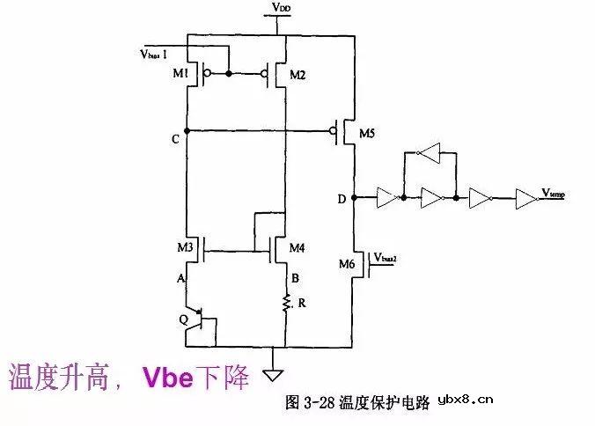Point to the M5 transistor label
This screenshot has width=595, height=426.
367,134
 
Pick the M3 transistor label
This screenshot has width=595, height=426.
185,248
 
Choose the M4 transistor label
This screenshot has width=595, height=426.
297,248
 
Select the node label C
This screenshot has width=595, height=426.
176,139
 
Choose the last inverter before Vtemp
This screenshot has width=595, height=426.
525,198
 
